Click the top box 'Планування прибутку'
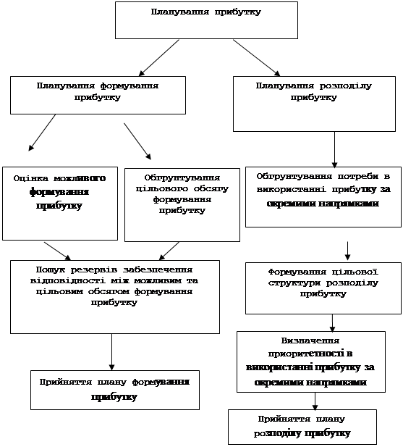click(206, 20)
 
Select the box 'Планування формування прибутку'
click(98, 95)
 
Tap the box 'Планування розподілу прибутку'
click(314, 104)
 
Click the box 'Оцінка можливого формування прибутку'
click(60, 204)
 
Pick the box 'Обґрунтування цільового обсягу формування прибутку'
click(182, 205)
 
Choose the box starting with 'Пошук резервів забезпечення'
click(115, 297)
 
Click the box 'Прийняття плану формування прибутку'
click(115, 390)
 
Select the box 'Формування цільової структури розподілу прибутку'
click(323, 288)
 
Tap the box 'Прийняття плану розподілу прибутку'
click(302, 427)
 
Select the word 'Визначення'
click(310, 341)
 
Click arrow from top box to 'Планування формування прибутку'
click(158, 57)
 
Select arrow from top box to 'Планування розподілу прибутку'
click(257, 57)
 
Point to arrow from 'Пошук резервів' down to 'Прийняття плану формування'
click(112, 352)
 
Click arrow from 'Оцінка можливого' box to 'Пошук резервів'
click(57, 251)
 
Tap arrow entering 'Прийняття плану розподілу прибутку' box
click(315, 401)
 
